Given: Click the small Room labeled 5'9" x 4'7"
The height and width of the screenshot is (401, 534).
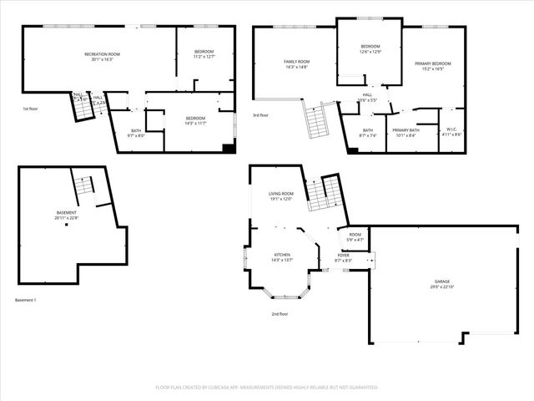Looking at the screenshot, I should (x=355, y=236).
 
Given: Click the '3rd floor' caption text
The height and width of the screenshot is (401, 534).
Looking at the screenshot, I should (x=261, y=115).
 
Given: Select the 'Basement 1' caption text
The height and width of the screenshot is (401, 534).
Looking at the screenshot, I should (x=26, y=300).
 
